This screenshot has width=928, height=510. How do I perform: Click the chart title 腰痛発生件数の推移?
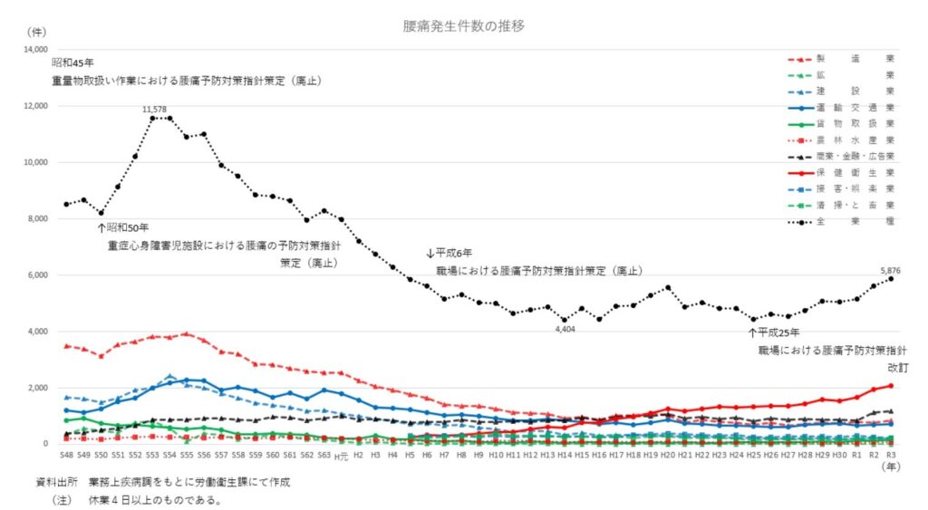(464, 26)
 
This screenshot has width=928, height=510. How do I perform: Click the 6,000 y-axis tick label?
(38, 275)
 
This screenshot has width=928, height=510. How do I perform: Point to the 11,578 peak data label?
(155, 110)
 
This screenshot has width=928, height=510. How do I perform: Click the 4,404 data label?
(566, 329)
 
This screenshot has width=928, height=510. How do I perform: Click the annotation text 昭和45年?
(74, 63)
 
